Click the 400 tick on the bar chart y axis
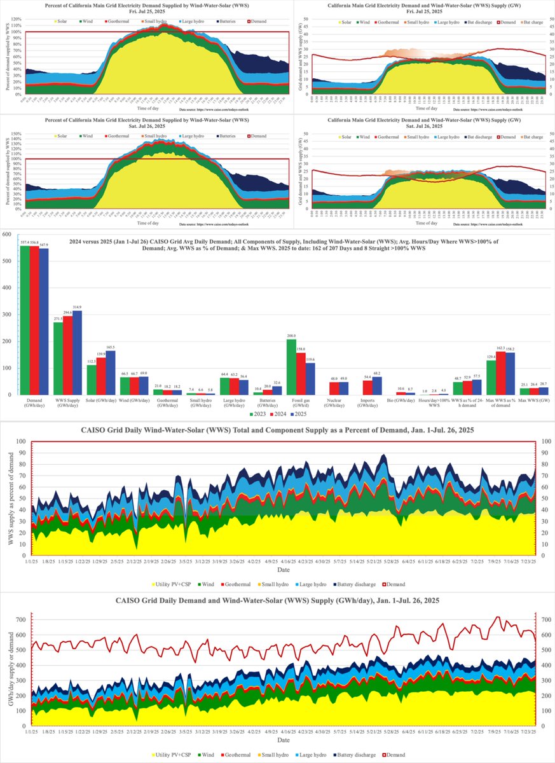8,287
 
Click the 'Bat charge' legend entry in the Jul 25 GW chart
532,22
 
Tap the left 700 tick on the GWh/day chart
22,619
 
